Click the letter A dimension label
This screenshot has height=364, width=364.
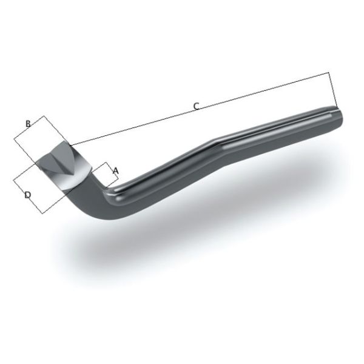pos(115,171)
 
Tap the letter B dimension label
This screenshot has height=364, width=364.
pos(28,124)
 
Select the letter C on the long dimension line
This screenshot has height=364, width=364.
pos(195,106)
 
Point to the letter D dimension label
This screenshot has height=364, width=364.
pos(27,195)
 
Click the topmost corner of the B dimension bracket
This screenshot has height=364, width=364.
pos(43,116)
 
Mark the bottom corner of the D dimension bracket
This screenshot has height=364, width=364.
pos(41,213)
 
